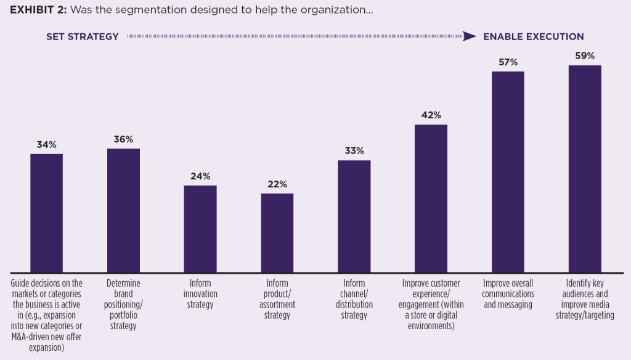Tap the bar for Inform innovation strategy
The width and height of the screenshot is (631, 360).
200,229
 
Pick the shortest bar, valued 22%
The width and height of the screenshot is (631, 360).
277,232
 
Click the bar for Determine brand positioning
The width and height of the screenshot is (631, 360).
123,210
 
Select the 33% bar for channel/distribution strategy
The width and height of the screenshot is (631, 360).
354,216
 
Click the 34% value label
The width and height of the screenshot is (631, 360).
46,145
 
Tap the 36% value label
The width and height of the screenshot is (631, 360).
123,139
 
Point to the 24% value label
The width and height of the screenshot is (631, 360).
200,176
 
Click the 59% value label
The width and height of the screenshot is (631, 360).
585,56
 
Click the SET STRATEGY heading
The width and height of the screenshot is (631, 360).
83,37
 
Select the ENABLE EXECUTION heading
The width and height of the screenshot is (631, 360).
533,37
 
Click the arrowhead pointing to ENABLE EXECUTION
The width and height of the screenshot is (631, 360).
470,37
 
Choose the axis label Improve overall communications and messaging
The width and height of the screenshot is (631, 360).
508,294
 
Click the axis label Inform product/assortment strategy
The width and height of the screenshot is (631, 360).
277,299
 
